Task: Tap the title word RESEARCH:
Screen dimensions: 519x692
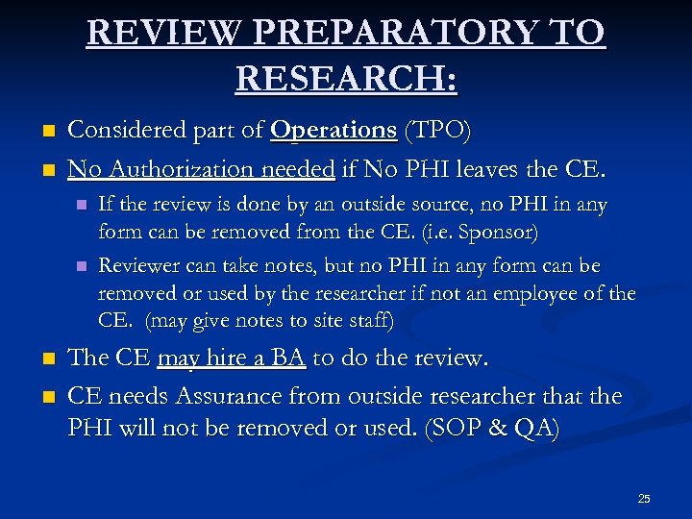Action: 346,76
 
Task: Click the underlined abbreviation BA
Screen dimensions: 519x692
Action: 287,358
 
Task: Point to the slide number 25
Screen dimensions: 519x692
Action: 644,498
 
